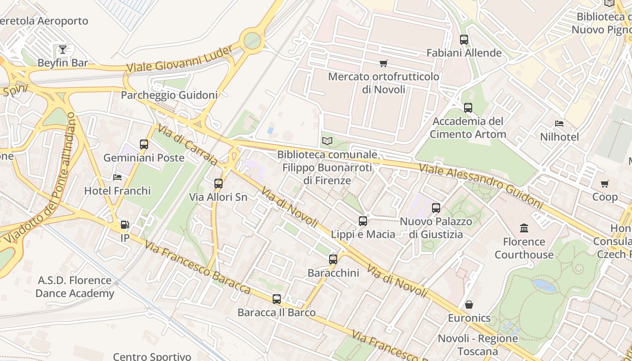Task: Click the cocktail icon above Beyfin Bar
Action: [x=63, y=49]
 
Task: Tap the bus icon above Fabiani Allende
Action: [x=464, y=40]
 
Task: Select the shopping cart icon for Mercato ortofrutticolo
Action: [x=384, y=63]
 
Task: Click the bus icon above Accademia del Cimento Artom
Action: [x=468, y=108]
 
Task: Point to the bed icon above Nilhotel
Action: [x=559, y=124]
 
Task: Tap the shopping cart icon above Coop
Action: [x=604, y=184]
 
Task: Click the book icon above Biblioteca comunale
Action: [x=327, y=141]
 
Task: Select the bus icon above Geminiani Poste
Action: [x=144, y=144]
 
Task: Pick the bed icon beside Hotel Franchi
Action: [x=117, y=177]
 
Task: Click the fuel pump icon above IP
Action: [x=124, y=224]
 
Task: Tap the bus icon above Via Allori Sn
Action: [x=218, y=184]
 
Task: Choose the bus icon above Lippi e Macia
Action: [x=363, y=221]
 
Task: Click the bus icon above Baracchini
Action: [x=333, y=259]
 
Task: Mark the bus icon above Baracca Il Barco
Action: [x=277, y=299]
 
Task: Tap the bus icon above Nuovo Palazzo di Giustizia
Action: [x=436, y=208]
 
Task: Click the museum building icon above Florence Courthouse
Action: [x=524, y=228]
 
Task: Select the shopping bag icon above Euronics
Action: [x=469, y=305]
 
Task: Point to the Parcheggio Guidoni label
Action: [x=169, y=95]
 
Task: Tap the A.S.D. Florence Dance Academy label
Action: [x=74, y=287]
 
